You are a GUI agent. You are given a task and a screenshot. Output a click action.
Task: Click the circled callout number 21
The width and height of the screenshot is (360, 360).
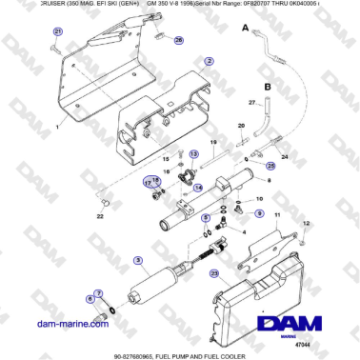click(x=56, y=31)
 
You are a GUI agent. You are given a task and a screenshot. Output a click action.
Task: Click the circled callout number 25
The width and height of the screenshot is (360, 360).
click(x=270, y=166)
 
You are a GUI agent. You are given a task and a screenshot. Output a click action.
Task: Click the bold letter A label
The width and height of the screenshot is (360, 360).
click(x=245, y=30)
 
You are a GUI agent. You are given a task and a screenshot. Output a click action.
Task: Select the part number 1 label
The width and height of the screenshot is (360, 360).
click(x=56, y=127)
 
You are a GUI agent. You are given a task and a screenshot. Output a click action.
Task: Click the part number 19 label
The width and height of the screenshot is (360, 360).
click(x=213, y=142)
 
